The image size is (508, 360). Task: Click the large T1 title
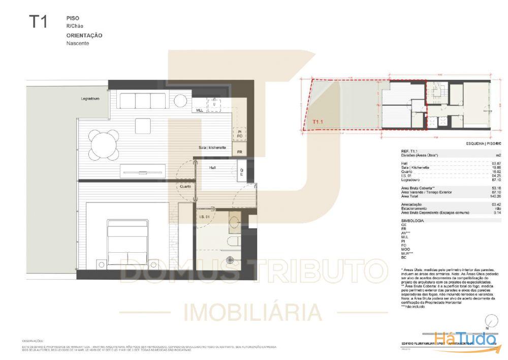(38, 22)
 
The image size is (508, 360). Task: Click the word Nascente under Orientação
(77, 43)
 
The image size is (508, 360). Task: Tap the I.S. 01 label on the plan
(205, 217)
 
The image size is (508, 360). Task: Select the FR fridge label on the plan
(239, 152)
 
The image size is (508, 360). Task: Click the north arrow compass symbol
(491, 321)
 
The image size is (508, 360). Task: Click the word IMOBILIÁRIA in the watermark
(252, 312)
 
